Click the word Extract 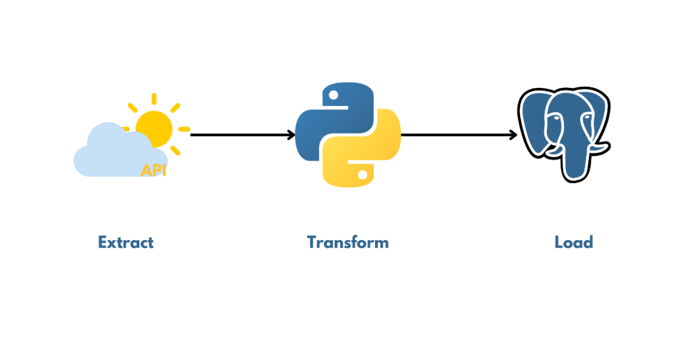tap(126, 242)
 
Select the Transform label tap(348, 242)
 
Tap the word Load tap(573, 242)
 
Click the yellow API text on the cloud tap(153, 170)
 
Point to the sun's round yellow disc tap(154, 129)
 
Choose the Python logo tap(348, 135)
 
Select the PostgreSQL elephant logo tap(564, 134)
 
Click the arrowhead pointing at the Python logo tap(291, 135)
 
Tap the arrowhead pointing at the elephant tap(513, 135)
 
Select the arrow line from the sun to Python tap(238, 135)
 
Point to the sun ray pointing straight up tap(154, 99)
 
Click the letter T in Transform tap(312, 242)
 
